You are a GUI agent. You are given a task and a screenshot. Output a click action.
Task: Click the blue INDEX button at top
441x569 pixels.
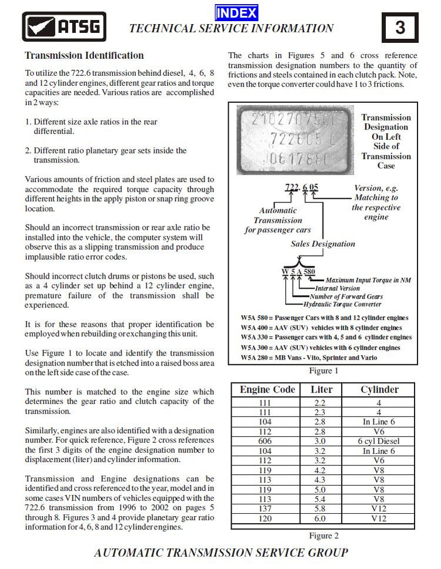(236, 12)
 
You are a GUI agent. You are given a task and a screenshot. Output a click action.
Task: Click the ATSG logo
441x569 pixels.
(64, 26)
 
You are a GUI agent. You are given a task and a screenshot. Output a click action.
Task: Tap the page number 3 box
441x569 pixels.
(400, 28)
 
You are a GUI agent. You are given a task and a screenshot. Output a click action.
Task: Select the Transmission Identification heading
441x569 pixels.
(84, 56)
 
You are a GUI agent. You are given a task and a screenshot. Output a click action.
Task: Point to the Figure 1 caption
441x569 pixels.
(324, 371)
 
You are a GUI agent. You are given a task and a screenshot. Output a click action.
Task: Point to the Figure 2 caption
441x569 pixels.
(324, 535)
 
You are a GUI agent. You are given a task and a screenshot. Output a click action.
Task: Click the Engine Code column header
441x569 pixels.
(268, 390)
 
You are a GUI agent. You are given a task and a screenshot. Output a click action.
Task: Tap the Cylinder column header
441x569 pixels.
(379, 390)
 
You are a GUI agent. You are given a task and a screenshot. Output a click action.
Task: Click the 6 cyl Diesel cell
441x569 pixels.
(379, 441)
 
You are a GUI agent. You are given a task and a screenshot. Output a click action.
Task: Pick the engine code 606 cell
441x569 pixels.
(268, 441)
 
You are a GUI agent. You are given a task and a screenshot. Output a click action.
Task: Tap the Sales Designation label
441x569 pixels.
(323, 243)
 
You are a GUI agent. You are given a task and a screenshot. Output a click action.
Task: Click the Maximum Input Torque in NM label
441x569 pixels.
(368, 280)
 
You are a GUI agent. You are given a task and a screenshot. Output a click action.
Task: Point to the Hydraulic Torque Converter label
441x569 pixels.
(343, 304)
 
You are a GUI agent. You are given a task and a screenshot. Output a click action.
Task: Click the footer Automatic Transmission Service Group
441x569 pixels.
(220, 553)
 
